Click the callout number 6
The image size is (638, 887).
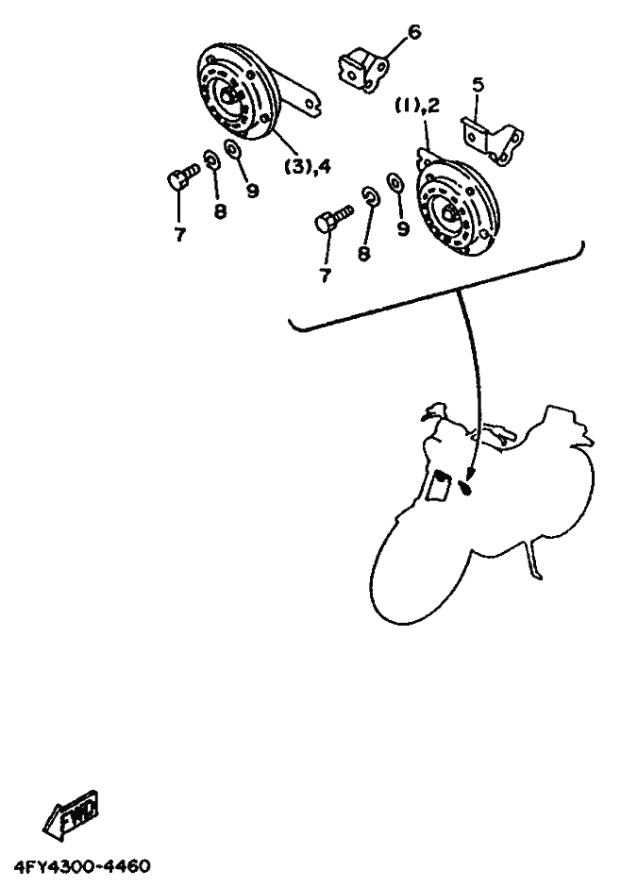414,32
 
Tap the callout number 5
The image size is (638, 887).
478,86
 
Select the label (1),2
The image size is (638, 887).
417,106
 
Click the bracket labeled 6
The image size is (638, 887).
363,70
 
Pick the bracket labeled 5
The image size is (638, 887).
492,141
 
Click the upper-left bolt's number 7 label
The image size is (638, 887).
180,235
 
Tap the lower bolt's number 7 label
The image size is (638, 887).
326,276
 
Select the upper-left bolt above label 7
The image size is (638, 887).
183,176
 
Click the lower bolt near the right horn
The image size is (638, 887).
333,219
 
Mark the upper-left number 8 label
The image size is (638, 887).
220,211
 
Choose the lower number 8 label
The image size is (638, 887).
363,253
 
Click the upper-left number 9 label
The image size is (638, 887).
252,191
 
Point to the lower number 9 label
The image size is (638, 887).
403,228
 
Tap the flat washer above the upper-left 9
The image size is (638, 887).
231,149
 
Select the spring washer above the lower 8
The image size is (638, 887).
371,196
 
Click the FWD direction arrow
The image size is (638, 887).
71,814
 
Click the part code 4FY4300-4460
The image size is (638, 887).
82,866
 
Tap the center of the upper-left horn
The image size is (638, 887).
228,97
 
